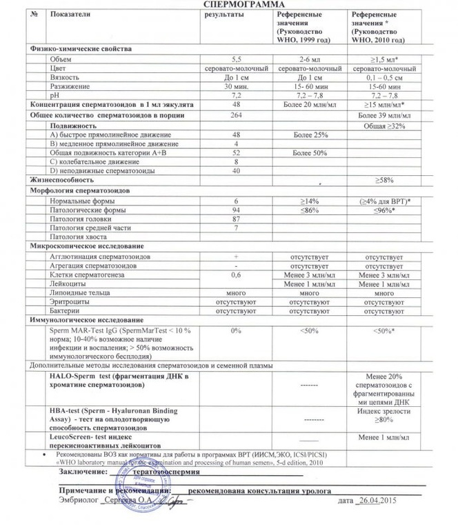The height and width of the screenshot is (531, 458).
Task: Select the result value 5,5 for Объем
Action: pyautogui.click(x=237, y=60)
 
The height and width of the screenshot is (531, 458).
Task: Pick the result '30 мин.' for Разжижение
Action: pyautogui.click(x=237, y=87)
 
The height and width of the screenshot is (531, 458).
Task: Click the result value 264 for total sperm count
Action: pyautogui.click(x=237, y=114)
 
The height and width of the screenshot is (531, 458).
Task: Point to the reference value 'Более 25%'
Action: pyautogui.click(x=310, y=134)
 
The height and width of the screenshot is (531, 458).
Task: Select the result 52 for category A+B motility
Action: pyautogui.click(x=237, y=152)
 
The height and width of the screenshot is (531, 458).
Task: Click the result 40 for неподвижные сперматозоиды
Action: pyautogui.click(x=237, y=170)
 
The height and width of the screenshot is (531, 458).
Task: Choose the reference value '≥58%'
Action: pyautogui.click(x=384, y=180)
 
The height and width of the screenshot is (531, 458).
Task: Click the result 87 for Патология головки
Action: pyautogui.click(x=237, y=218)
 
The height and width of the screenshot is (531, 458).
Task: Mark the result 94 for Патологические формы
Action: pyautogui.click(x=237, y=208)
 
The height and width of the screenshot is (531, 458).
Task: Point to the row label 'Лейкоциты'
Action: pyautogui.click(x=66, y=283)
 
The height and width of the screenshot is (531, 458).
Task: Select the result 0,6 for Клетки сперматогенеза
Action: pyautogui.click(x=237, y=274)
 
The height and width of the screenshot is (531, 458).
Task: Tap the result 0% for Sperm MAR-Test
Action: pyautogui.click(x=237, y=331)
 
